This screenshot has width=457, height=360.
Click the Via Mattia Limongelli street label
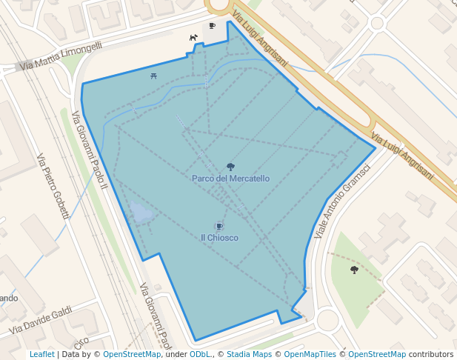[62, 56]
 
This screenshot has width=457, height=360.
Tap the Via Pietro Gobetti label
[52, 186]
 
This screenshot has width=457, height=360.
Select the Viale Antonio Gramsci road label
[341, 201]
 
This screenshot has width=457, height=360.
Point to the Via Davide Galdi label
[41, 319]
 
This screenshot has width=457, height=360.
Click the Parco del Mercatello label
[230, 179]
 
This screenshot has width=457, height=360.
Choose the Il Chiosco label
[219, 238]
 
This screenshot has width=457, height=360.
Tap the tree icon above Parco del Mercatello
[230, 167]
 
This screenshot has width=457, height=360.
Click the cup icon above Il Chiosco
[219, 226]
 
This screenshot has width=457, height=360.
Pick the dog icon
[193, 37]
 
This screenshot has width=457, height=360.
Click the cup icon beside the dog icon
[212, 27]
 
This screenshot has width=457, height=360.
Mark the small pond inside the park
[140, 214]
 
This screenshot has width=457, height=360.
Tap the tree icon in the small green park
[354, 270]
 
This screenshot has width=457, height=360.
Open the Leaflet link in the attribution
[42, 354]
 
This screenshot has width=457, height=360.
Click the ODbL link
[200, 354]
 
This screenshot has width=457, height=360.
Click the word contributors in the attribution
[431, 354]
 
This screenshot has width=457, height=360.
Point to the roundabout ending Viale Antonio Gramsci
[327, 320]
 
